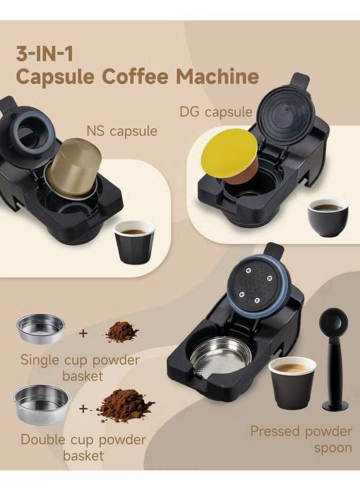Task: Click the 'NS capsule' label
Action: coord(122,131)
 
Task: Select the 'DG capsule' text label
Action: coord(216,111)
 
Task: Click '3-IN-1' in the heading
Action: coord(45,53)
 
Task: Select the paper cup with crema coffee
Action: coord(292,382)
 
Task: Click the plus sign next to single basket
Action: coord(83,333)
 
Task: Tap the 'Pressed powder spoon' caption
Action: coord(301,439)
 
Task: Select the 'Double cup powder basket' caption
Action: coord(83,447)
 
